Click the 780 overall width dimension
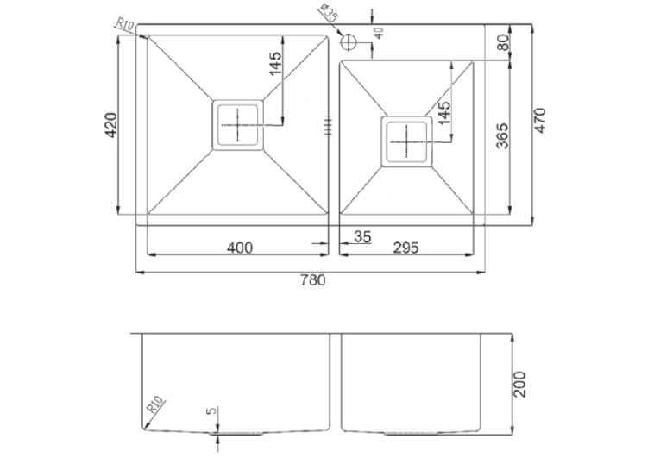tap(312, 279)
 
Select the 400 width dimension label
tap(240, 248)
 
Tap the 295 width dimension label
tap(405, 248)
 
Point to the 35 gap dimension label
tap(362, 237)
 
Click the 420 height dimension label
tap(111, 124)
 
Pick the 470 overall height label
tap(539, 121)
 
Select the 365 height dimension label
tap(503, 136)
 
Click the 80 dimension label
tap(503, 42)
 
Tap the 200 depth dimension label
tap(520, 384)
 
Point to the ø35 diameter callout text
tap(330, 13)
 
